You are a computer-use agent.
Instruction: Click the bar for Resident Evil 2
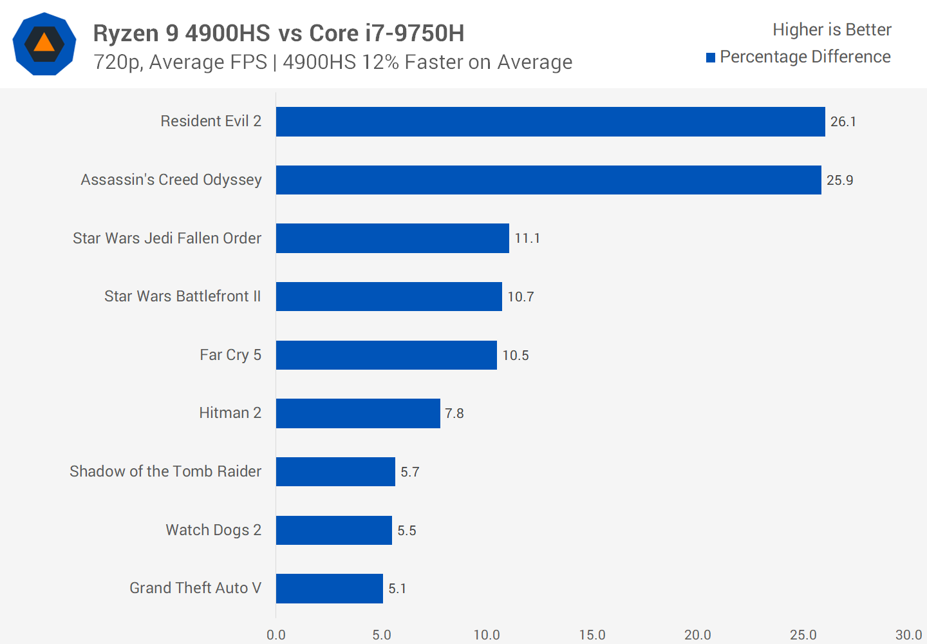[550, 122]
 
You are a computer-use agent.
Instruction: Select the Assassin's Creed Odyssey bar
[548, 180]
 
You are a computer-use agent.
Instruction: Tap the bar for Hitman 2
[358, 413]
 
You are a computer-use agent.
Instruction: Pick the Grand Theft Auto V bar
[330, 589]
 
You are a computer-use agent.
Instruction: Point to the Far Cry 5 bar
[386, 355]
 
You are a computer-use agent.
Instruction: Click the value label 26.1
[843, 122]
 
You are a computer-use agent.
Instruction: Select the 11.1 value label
[527, 238]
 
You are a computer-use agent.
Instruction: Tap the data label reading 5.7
[409, 472]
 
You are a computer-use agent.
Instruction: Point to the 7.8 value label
[454, 413]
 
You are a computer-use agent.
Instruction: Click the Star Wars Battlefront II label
[183, 296]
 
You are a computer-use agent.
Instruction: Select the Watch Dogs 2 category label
[213, 530]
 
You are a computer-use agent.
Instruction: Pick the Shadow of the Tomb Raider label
[165, 471]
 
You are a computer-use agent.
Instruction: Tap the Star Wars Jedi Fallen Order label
[167, 238]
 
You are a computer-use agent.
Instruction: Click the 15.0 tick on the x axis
[592, 635]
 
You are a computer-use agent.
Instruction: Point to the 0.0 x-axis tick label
[276, 635]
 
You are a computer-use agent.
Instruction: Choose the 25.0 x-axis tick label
[803, 635]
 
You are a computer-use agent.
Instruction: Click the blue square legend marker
[711, 58]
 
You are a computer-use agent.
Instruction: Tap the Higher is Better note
[832, 30]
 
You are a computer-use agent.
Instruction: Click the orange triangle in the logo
[44, 43]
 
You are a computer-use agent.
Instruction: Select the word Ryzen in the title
[126, 33]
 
